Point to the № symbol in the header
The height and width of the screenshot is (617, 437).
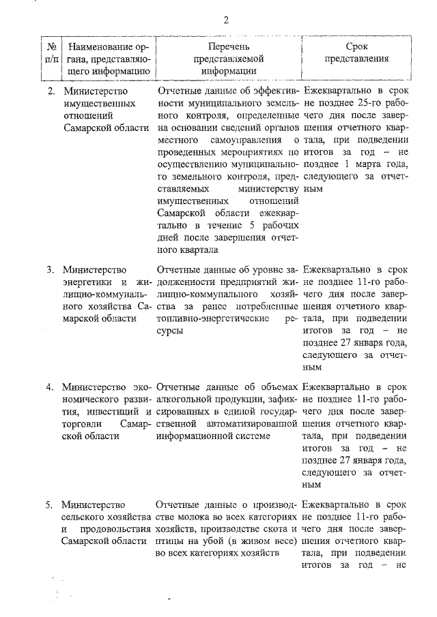(x=51, y=46)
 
